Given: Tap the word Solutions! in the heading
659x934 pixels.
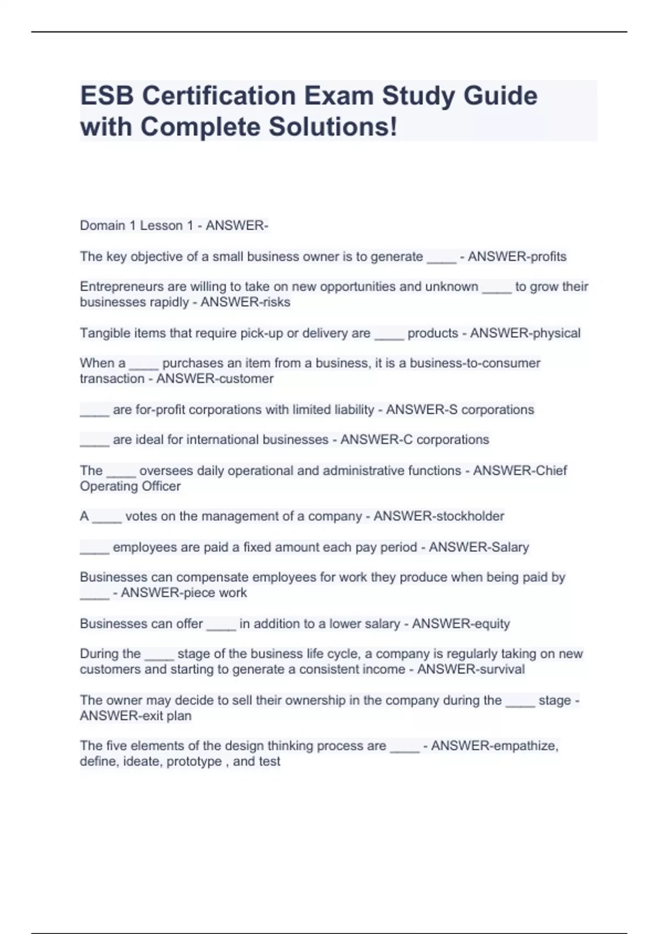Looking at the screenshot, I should pos(332,127).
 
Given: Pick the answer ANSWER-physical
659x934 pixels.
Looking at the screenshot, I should pos(525,333).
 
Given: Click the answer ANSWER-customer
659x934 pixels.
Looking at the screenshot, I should pos(215,379).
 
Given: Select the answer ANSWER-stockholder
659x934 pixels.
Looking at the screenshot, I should pos(439,516).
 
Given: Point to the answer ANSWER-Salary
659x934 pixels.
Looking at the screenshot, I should pos(479,547).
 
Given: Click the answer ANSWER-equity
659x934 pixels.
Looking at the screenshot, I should pos(461,624).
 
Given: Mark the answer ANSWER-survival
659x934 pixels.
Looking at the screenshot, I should pos(471,669).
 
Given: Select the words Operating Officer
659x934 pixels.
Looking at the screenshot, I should pos(130,486).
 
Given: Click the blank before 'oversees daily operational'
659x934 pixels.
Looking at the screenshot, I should pos(121,471).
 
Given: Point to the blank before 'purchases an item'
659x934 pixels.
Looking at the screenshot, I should pos(144,364).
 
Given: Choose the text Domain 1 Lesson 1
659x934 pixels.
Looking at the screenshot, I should pos(131,226).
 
